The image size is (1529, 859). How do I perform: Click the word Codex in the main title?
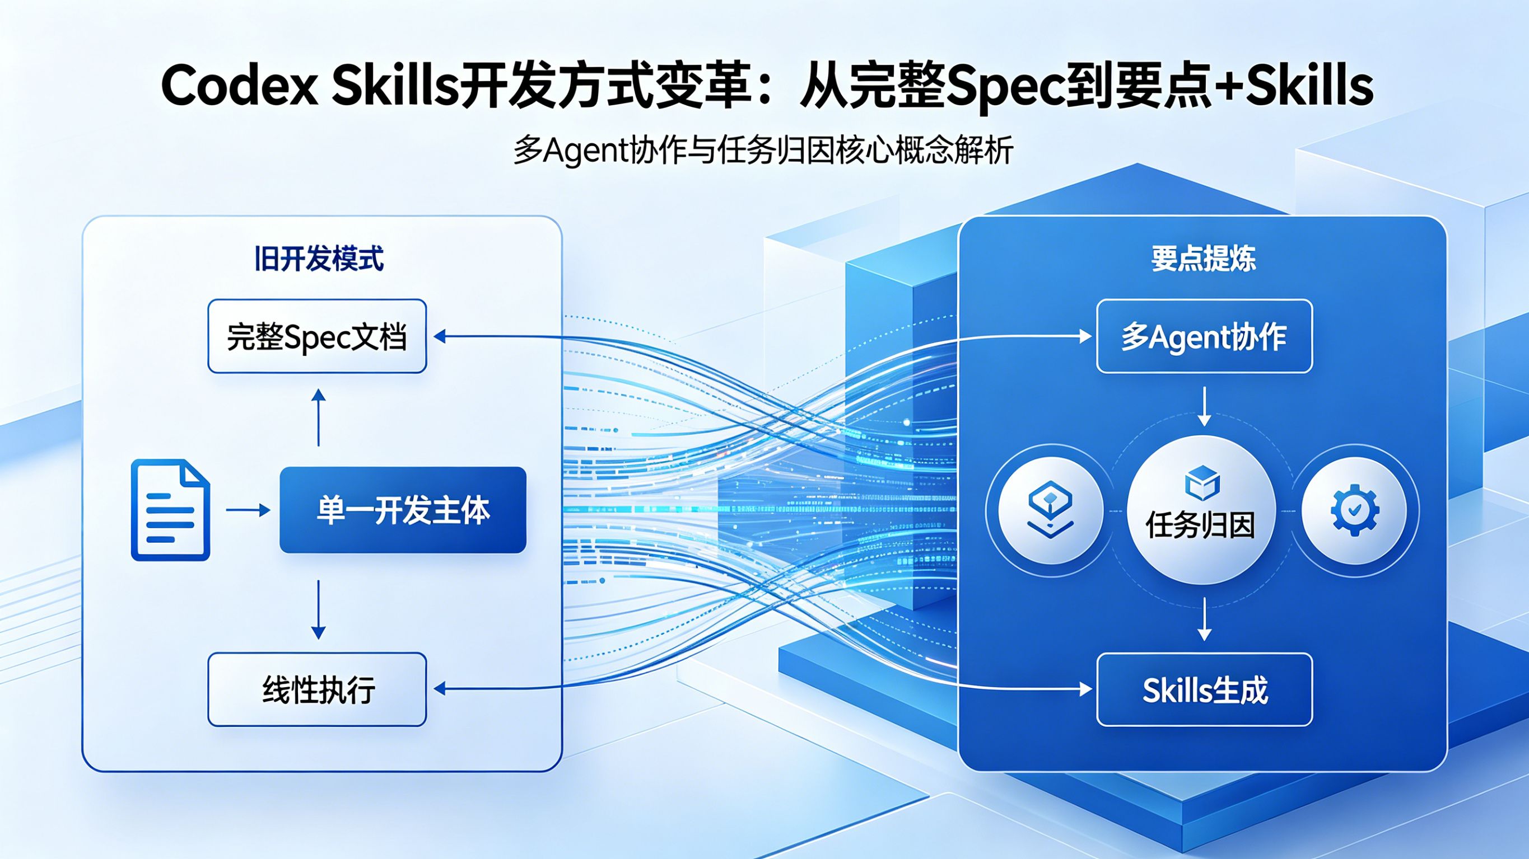240,86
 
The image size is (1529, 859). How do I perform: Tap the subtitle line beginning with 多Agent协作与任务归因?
763,150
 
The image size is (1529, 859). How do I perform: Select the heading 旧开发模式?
319,259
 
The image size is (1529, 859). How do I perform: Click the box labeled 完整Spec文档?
317,336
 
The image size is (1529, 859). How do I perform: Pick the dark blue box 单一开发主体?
403,510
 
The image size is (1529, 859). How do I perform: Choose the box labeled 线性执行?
317,689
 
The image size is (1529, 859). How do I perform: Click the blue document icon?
170,510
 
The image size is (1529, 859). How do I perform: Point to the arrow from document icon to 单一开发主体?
248,510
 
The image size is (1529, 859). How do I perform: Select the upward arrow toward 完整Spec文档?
319,417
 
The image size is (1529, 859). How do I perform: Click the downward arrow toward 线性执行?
319,610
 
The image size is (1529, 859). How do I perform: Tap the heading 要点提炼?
1204,259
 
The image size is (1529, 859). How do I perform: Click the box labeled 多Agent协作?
1204,336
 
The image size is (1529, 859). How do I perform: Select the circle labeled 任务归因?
1201,510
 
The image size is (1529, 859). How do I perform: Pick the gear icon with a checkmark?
1354,510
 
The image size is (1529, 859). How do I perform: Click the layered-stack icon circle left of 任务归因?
1051,510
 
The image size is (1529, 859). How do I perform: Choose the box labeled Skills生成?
1204,689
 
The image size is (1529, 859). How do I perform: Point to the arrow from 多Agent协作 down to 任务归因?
1204,406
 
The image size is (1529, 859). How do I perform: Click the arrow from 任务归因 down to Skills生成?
1204,619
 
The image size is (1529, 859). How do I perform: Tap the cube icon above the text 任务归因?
1202,482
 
